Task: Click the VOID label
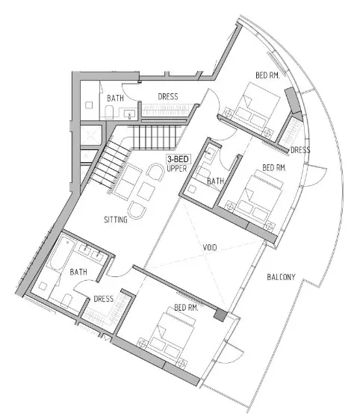click(210, 247)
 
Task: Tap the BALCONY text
click(281, 277)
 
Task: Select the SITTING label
click(116, 220)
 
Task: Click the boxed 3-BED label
click(178, 159)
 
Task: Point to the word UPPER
click(177, 169)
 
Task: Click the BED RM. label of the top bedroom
click(267, 75)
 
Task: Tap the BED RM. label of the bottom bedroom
click(186, 308)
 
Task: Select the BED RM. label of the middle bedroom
click(274, 168)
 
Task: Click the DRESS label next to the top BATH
click(168, 96)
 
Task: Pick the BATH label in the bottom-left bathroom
click(78, 272)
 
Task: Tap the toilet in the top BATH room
click(109, 112)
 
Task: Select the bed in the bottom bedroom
click(167, 336)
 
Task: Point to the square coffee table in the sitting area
click(146, 191)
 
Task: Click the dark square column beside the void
click(221, 315)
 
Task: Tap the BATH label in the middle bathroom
click(215, 181)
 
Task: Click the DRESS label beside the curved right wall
click(300, 150)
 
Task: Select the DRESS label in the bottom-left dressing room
click(104, 299)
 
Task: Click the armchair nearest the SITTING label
click(137, 210)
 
